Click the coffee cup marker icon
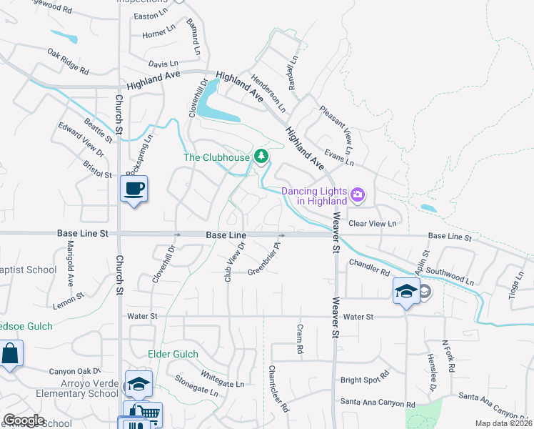(133, 189)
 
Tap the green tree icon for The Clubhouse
(262, 155)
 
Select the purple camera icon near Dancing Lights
(358, 194)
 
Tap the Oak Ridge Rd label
(68, 61)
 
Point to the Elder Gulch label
(171, 354)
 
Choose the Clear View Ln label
(372, 223)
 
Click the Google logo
(24, 420)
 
